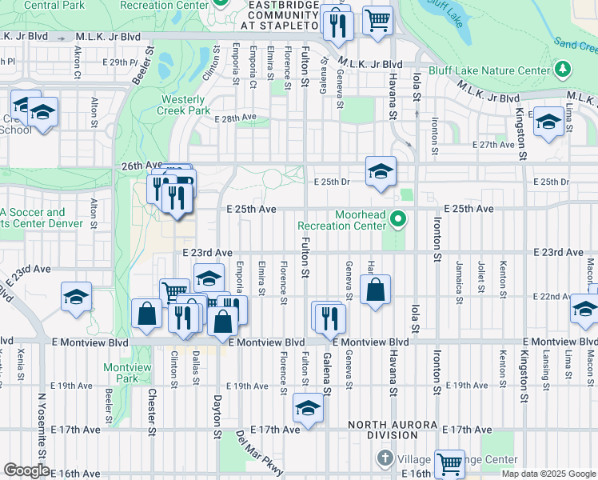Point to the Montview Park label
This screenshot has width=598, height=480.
pyautogui.click(x=127, y=372)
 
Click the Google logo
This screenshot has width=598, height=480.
pyautogui.click(x=26, y=470)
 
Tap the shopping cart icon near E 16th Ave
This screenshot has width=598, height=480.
pyautogui.click(x=450, y=463)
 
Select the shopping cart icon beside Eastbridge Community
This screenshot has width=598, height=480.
pyautogui.click(x=377, y=20)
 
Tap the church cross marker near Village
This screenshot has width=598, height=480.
pyautogui.click(x=385, y=458)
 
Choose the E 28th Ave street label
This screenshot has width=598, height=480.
pyautogui.click(x=235, y=117)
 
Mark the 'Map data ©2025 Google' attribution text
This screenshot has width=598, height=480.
pyautogui.click(x=548, y=474)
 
